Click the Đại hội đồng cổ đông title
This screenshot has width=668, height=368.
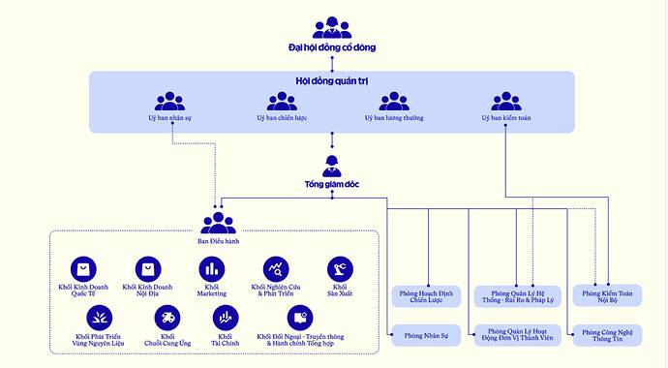point(332,46)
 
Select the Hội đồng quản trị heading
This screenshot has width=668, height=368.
point(332,81)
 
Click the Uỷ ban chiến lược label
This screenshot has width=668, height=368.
point(280,118)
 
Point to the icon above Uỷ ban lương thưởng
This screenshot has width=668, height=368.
point(393,101)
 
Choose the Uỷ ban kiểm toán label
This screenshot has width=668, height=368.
point(505,118)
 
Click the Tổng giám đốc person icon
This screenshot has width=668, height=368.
point(332,165)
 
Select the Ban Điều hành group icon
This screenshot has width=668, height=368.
point(218,222)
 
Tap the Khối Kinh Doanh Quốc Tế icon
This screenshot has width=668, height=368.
point(85,268)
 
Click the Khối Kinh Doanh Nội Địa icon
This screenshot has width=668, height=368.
point(148,268)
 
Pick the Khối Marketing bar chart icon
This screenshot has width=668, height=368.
point(211,268)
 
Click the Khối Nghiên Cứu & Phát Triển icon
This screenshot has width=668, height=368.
point(276,268)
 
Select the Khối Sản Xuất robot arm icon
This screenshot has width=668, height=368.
point(340,268)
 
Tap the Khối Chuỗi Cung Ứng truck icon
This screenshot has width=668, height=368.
point(168,317)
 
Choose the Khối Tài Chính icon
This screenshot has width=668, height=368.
point(225,317)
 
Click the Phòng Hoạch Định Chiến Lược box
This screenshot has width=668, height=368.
point(428,295)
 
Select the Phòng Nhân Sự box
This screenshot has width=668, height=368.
point(428,335)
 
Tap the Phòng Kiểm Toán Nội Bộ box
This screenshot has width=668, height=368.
point(607,295)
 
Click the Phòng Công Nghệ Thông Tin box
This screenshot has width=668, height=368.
point(607,335)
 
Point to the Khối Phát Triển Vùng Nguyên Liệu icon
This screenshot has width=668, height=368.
point(100,317)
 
